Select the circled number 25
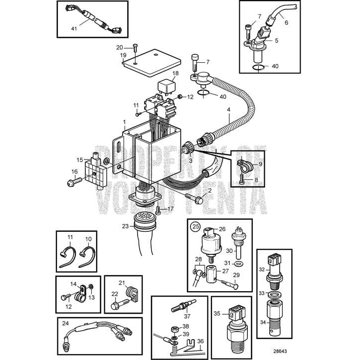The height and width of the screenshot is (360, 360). [x=196, y=227]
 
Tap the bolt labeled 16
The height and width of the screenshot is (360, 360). [x=71, y=183]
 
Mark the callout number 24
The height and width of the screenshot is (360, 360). [x=65, y=323]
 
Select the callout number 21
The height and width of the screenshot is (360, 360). [x=121, y=283]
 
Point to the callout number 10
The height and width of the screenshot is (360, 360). [x=89, y=239]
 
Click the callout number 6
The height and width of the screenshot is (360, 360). [x=286, y=22]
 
